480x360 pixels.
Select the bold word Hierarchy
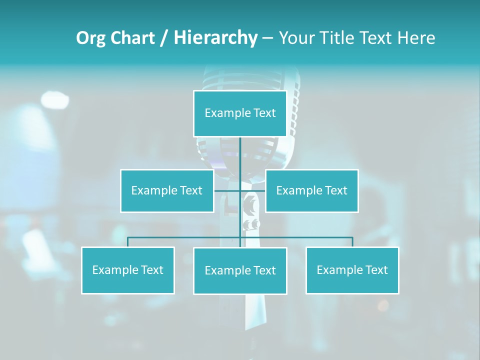pyautogui.click(x=215, y=38)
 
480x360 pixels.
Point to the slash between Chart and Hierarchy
pyautogui.click(x=164, y=38)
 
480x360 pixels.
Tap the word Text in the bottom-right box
pyautogui.click(x=376, y=270)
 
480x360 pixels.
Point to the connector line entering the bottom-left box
pyautogui.click(x=128, y=242)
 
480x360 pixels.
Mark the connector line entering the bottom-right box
pyautogui.click(x=352, y=242)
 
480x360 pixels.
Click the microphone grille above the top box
pyautogui.click(x=250, y=80)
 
